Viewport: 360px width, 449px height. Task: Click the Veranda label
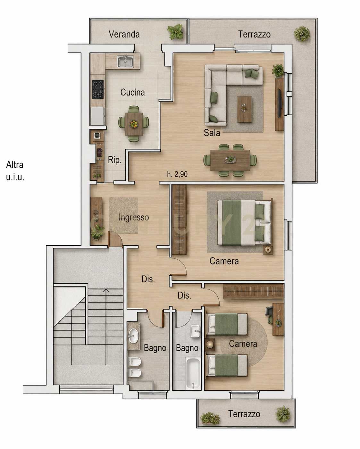point(124,34)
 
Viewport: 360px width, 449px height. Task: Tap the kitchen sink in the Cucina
point(125,62)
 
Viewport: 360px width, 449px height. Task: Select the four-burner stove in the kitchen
point(98,89)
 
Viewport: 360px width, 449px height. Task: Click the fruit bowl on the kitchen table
point(134,124)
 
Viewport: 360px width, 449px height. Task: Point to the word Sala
point(212,133)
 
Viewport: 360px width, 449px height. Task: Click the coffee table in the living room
point(244,109)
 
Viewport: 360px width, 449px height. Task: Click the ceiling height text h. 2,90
point(177,174)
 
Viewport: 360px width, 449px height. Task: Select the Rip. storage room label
point(114,160)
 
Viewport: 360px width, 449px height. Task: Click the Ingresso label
point(134,217)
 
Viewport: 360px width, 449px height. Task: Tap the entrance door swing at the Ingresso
point(114,239)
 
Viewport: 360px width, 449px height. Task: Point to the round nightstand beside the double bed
point(268,250)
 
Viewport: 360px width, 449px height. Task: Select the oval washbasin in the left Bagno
point(133,336)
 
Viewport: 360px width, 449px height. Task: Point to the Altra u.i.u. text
point(15,171)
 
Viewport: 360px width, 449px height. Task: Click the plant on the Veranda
point(175,32)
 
